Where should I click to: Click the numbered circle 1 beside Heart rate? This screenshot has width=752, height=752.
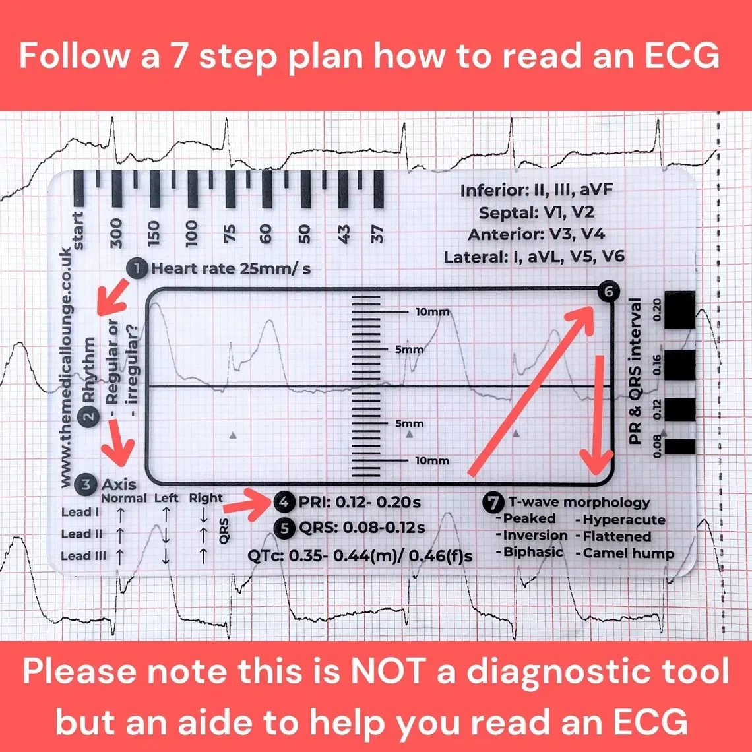coord(137,268)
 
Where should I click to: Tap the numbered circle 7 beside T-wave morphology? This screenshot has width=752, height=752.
coord(492,503)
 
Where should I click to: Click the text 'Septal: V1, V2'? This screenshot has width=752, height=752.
coord(537,212)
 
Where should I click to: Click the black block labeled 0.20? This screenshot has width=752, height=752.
coord(679,310)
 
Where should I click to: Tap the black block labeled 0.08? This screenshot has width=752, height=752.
coord(679,447)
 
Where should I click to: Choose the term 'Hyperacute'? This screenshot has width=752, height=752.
coord(623,520)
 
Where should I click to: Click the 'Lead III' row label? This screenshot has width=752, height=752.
coord(84,556)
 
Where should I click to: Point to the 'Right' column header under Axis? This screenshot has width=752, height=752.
coord(206,498)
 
